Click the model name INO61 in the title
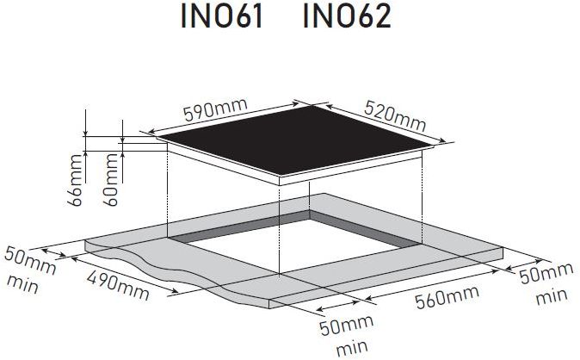coord(222,16)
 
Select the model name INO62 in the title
coord(347,16)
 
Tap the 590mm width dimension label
coord(215,109)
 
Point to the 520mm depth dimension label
coord(395,116)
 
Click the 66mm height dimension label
coord(75,180)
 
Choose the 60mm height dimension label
coord(111,180)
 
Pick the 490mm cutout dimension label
coord(118,284)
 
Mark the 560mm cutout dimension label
coord(447,296)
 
